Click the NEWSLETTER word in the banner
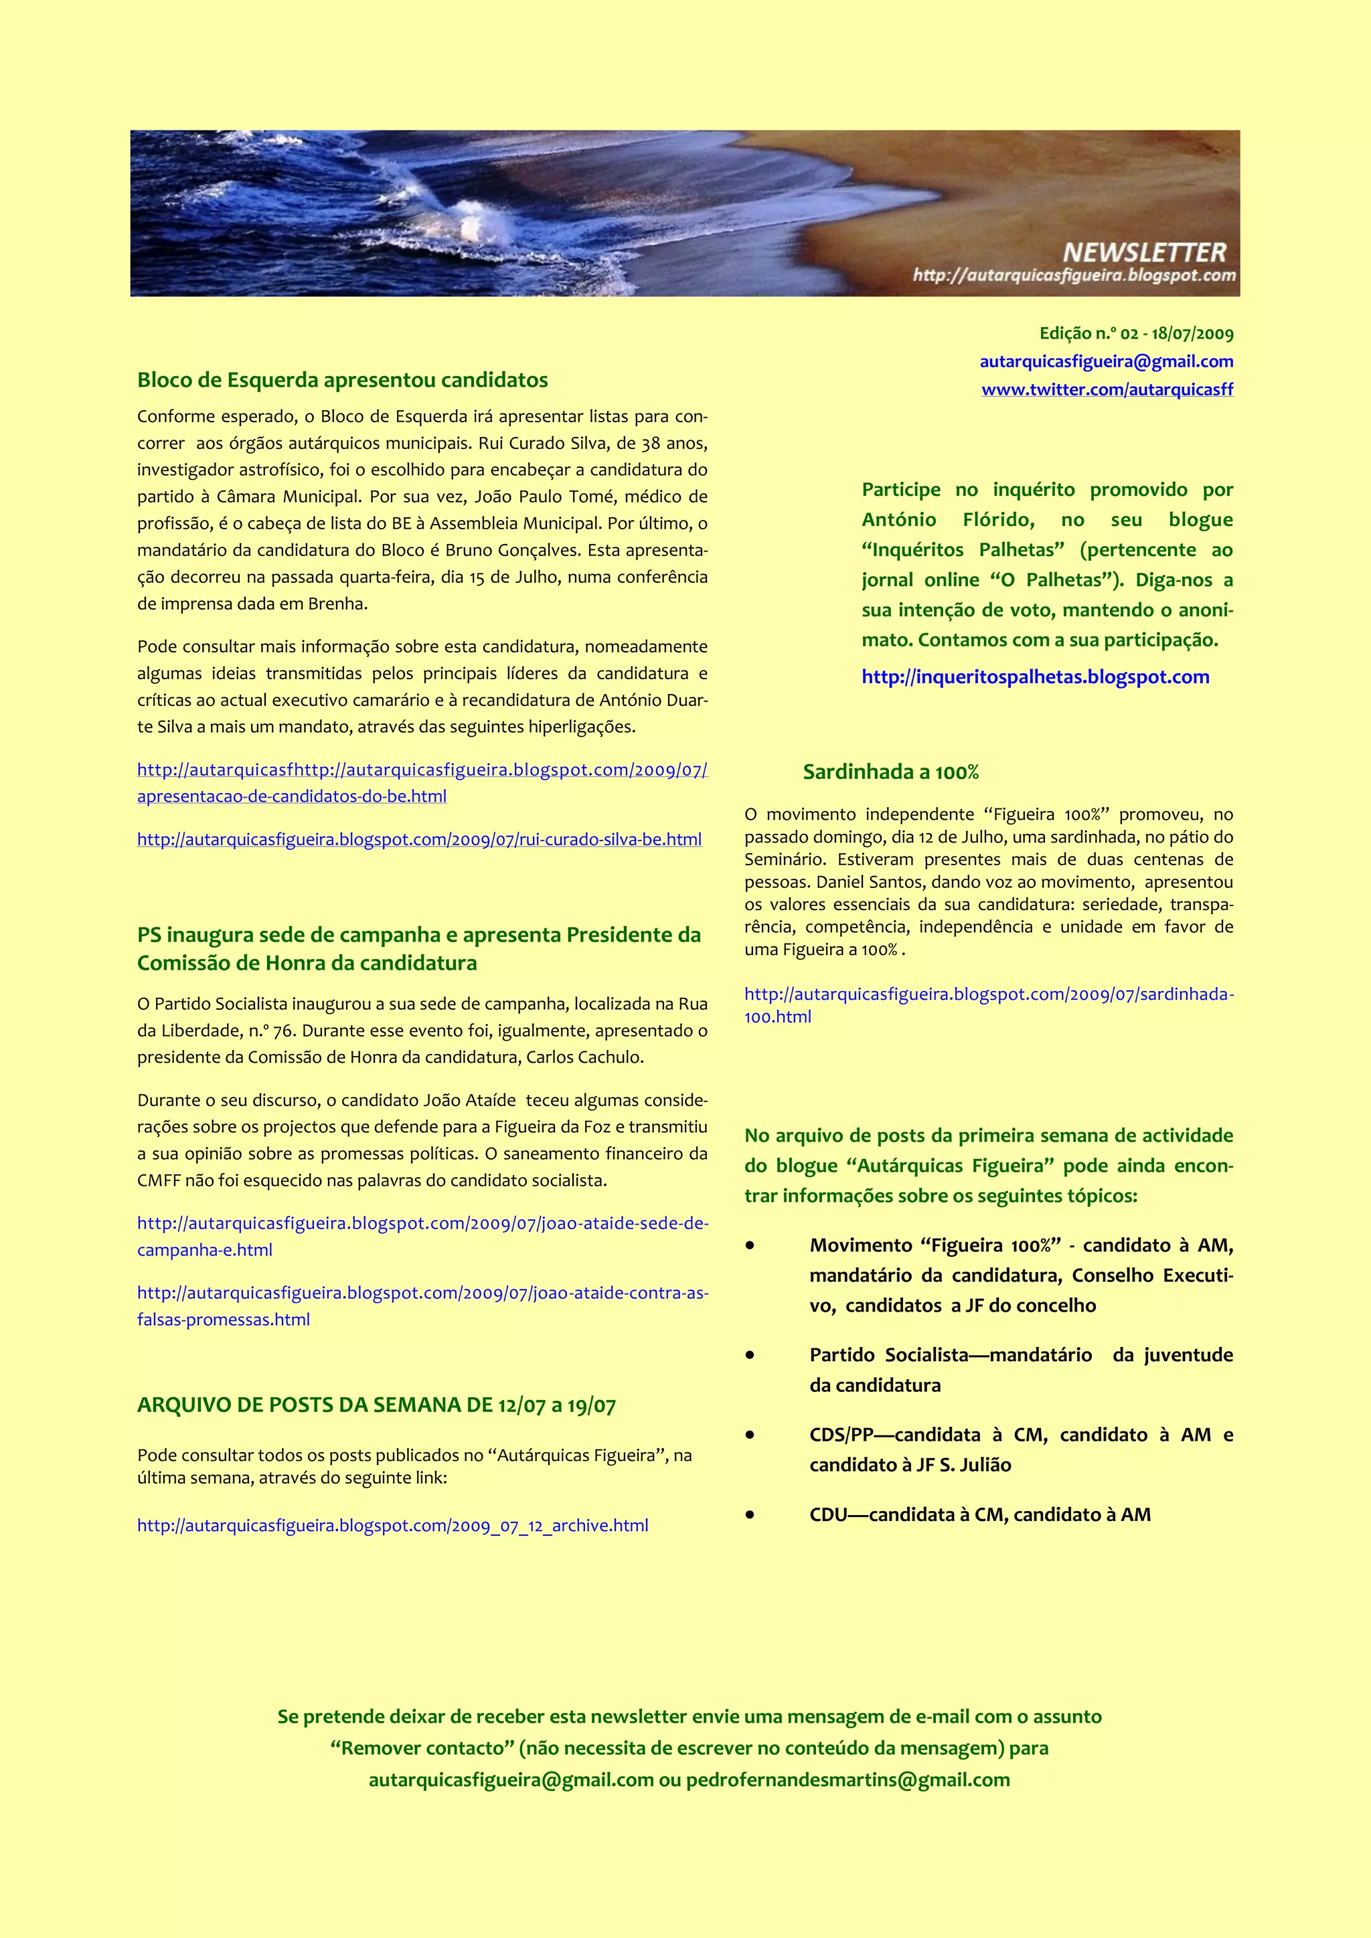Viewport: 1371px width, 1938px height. coord(1144,252)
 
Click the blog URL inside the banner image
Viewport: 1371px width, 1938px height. coord(1074,275)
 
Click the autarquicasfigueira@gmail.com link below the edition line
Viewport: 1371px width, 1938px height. coord(1106,361)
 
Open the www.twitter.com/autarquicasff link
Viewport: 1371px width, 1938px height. coord(1107,389)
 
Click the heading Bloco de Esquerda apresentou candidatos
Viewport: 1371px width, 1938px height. coord(342,380)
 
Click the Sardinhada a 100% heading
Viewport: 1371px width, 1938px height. coord(890,772)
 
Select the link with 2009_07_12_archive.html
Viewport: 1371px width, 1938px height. coord(392,1525)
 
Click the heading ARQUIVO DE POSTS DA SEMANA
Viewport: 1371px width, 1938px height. coord(376,1405)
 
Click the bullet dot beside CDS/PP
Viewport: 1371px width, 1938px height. coord(750,1435)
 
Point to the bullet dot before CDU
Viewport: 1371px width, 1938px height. coord(750,1514)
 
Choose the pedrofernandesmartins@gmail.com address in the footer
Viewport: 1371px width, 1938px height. coord(848,1780)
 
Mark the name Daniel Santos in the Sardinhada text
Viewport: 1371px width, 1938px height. coord(868,882)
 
